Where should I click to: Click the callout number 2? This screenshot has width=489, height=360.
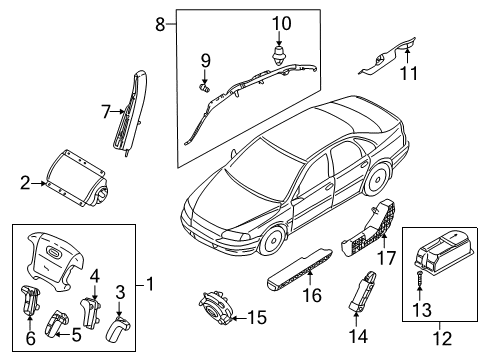pyautogui.click(x=24, y=183)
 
